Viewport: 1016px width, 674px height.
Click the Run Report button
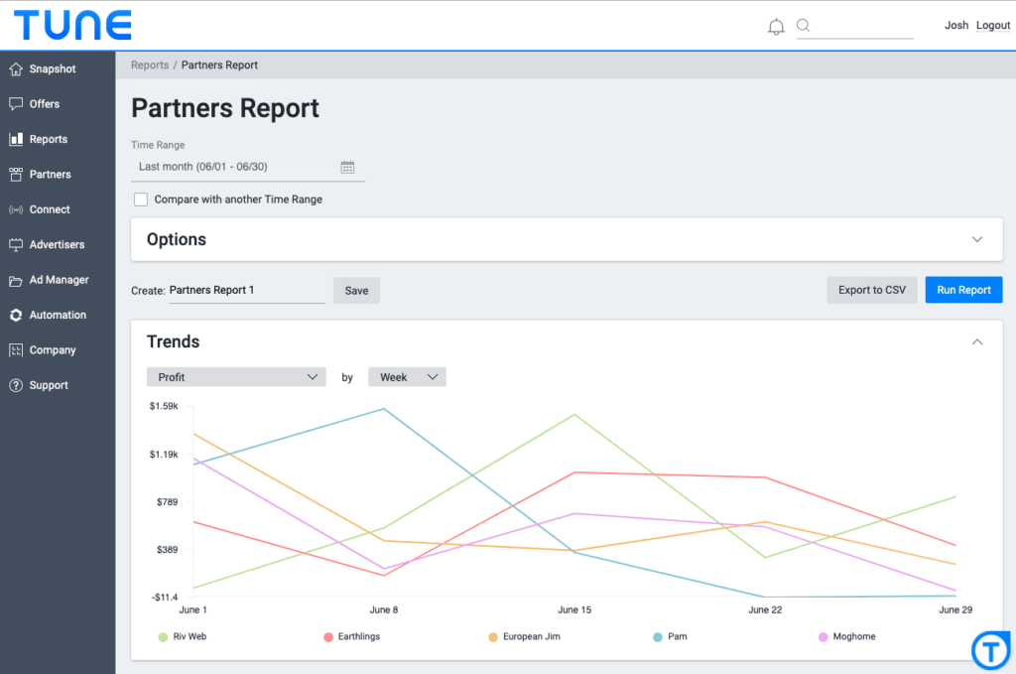[963, 290]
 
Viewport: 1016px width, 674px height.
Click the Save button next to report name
[356, 291]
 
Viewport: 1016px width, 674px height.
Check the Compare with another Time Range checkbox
[141, 200]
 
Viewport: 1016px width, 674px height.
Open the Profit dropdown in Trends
[236, 377]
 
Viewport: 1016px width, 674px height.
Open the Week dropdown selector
[407, 377]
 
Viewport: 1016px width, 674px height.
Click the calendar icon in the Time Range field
[347, 167]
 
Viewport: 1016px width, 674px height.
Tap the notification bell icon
[776, 27]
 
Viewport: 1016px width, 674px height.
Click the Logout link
[992, 26]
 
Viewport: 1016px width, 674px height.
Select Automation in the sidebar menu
[58, 315]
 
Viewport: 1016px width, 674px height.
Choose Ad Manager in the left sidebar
[59, 280]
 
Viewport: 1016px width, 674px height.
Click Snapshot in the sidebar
[52, 69]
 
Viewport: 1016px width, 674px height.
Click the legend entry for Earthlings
[351, 636]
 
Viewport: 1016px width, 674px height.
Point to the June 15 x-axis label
[574, 609]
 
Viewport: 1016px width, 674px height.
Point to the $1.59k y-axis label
[164, 406]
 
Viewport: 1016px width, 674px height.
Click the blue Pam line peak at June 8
[384, 408]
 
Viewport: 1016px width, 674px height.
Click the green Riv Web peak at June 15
[575, 415]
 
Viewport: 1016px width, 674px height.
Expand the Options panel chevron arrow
[976, 239]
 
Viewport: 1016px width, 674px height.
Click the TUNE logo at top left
[72, 25]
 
